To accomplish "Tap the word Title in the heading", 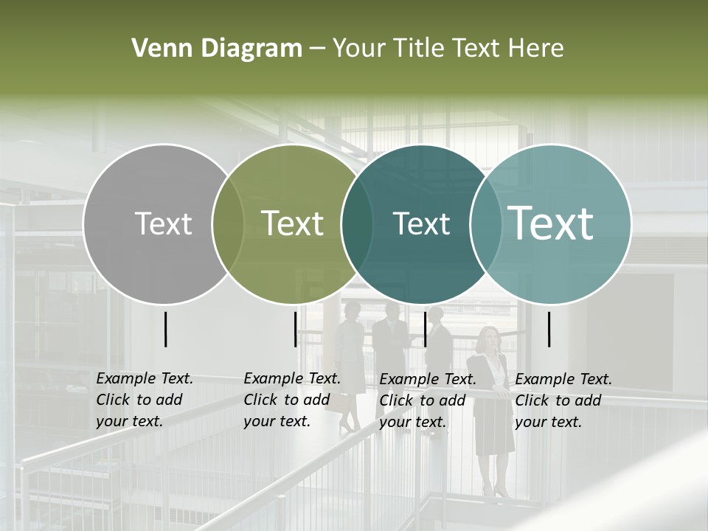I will tap(420, 49).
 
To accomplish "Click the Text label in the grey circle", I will tap(164, 223).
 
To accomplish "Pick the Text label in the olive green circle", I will tap(293, 223).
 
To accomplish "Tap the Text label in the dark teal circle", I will tap(421, 223).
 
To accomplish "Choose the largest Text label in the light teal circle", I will tap(551, 223).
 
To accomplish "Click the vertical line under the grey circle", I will tap(165, 329).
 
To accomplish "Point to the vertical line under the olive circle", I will tap(295, 329).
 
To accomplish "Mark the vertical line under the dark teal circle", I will tap(425, 329).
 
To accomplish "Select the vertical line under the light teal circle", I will tap(549, 329).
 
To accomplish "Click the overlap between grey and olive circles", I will tap(228, 223).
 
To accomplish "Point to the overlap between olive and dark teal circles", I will tap(357, 223).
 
